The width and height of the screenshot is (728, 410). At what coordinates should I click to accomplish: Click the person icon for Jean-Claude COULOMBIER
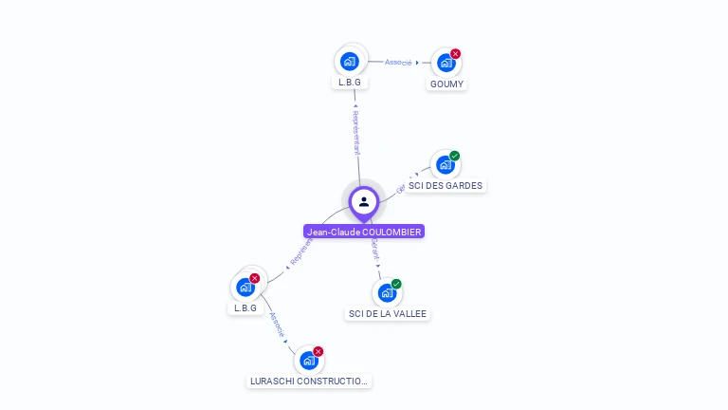click(x=364, y=201)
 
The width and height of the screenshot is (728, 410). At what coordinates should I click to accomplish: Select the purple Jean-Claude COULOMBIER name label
click(x=364, y=232)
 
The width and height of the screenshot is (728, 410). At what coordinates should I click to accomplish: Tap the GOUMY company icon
click(x=446, y=63)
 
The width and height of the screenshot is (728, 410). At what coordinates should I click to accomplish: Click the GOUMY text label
click(x=446, y=84)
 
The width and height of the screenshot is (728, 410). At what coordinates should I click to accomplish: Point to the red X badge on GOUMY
click(x=455, y=54)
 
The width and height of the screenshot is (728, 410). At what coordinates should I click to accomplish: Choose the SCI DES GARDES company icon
click(x=445, y=165)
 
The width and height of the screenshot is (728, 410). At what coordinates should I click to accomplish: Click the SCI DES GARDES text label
click(x=446, y=186)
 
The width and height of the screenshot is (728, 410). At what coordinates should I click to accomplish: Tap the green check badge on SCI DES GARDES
click(x=455, y=156)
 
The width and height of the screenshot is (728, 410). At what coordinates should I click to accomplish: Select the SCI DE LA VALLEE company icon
click(x=386, y=292)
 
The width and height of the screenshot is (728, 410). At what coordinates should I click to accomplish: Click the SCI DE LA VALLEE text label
click(x=388, y=314)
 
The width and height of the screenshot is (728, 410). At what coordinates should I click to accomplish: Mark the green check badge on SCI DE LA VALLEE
click(x=396, y=284)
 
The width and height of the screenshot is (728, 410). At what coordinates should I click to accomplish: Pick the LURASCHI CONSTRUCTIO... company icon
click(x=308, y=361)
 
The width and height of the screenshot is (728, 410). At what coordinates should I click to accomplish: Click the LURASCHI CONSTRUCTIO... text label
click(x=308, y=382)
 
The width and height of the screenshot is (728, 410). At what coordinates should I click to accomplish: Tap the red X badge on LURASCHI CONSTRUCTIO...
click(x=318, y=351)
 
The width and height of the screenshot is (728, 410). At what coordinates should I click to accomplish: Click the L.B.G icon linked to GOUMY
click(x=350, y=62)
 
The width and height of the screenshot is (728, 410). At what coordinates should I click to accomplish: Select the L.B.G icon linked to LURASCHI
click(x=246, y=287)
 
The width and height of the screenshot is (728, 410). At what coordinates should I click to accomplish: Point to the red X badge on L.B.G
click(x=255, y=278)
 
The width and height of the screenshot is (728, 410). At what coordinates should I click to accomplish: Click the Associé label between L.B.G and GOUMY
click(x=398, y=63)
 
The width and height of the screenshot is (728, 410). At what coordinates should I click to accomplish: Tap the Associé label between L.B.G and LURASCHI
click(x=277, y=325)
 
